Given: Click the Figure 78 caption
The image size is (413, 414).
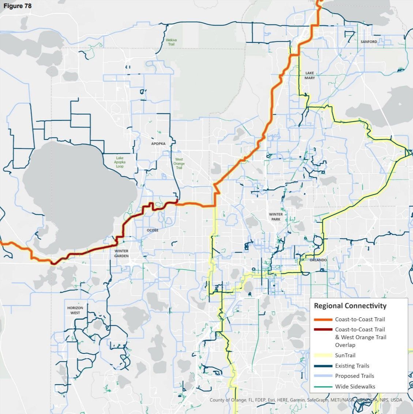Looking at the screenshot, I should [18, 6].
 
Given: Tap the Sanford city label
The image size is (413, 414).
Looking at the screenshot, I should [368, 42].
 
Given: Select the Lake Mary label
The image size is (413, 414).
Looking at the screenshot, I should [309, 76].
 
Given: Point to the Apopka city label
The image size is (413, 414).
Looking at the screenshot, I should [158, 144].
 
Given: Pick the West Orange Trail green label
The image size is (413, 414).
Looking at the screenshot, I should [179, 163].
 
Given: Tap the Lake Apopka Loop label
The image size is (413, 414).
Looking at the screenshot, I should [120, 162].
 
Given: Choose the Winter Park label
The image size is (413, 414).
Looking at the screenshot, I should [275, 217].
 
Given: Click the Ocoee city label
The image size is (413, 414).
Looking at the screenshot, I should [152, 230].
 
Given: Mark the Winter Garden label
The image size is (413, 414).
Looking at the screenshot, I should [121, 254].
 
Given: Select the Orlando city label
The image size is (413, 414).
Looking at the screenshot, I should [318, 260].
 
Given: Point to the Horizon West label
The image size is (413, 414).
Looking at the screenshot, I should [75, 310].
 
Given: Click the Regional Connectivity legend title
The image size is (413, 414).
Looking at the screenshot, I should [350, 306].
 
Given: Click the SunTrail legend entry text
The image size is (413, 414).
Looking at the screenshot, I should [345, 355].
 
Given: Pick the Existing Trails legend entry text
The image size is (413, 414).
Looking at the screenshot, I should [352, 366].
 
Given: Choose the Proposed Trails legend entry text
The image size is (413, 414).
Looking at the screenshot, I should [354, 376].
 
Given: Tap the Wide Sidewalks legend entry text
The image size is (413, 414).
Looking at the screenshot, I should [355, 386].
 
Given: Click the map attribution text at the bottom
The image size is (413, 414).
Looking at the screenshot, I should [305, 400].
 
